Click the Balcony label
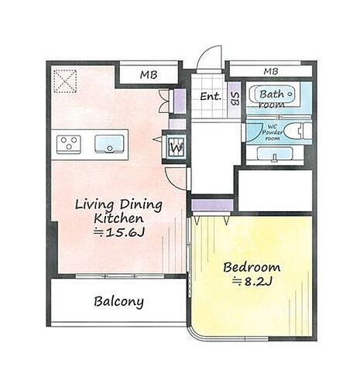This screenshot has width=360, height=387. click(118, 302)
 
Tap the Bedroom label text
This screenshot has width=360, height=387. click(252, 267)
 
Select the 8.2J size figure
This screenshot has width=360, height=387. click(252, 282)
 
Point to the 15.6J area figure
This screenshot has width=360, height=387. click(119, 233)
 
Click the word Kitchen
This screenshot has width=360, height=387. click(118, 218)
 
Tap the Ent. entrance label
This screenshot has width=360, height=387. click(211, 97)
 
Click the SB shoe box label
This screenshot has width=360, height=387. click(235, 98)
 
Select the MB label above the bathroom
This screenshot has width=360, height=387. click(271, 71)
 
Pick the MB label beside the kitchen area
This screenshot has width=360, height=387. click(149, 75)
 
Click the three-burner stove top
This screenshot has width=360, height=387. click(69, 145)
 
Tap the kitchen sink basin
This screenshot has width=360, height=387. click(109, 144)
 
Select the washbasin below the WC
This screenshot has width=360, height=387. click(275, 154)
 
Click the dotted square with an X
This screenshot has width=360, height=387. click(65, 81)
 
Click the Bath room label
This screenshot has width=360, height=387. click(273, 99)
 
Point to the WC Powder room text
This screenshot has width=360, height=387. click(272, 132)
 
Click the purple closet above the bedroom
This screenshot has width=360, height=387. click(212, 205)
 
